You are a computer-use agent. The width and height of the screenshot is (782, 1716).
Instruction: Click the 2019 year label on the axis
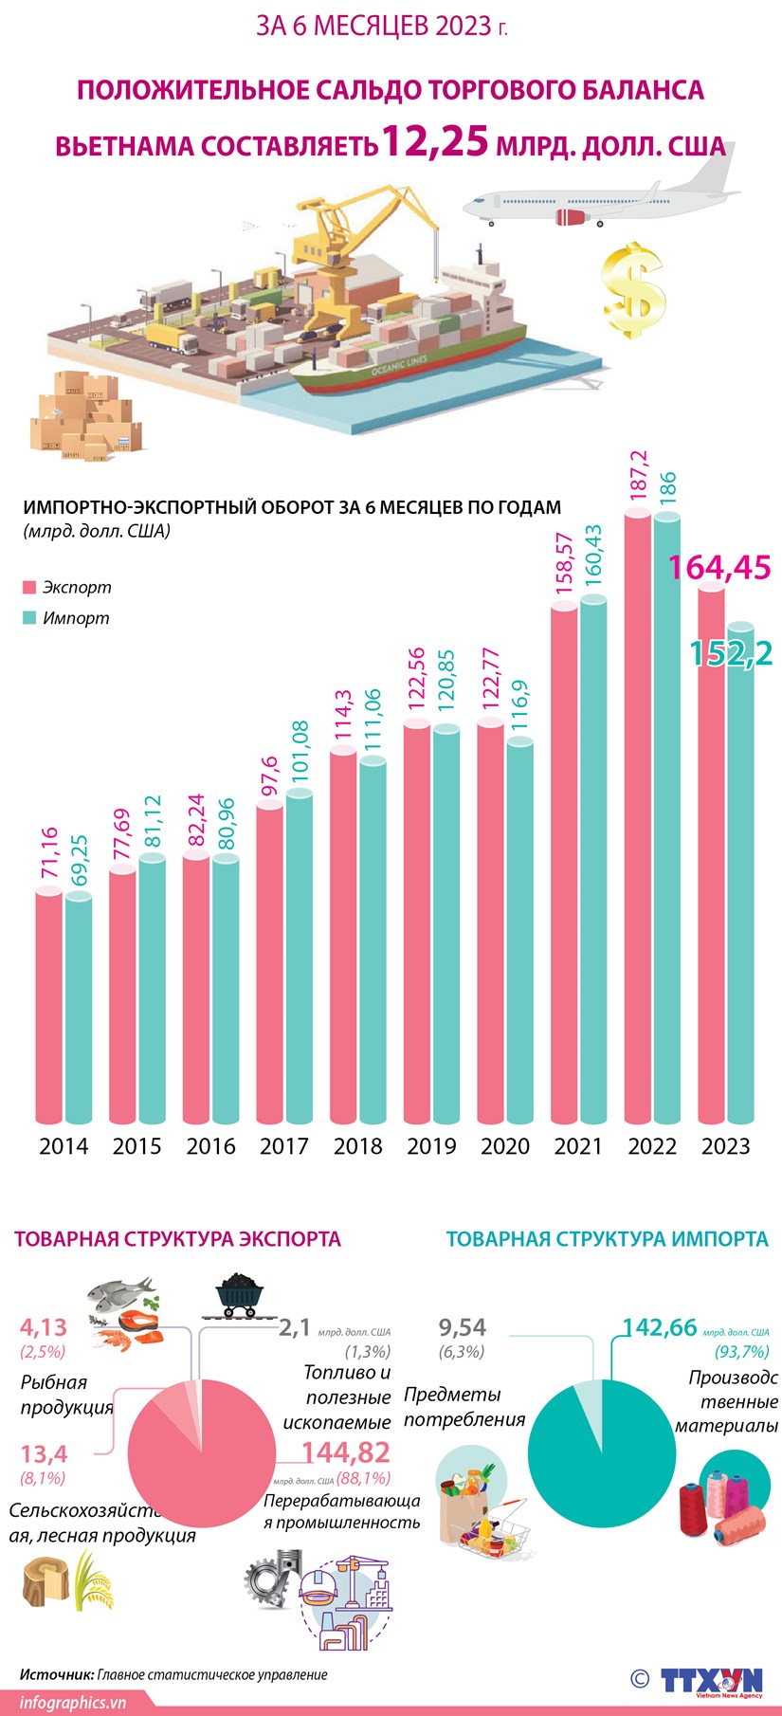pos(431,1146)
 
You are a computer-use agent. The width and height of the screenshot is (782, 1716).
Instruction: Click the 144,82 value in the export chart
pos(346,1451)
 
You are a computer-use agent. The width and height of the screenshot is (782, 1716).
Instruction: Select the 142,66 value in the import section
pos(660,1328)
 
